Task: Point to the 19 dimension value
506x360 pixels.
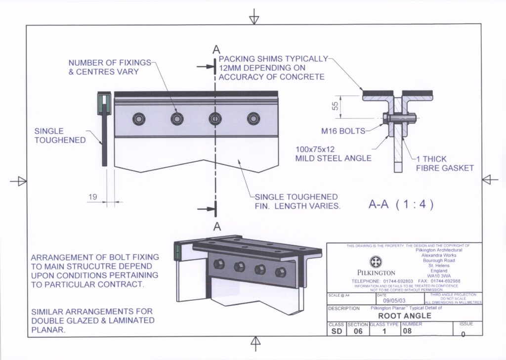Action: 93,197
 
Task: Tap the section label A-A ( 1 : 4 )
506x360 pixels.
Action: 401,205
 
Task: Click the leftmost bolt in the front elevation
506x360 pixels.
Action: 139,118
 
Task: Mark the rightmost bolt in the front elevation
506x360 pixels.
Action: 253,118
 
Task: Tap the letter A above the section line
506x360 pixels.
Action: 215,49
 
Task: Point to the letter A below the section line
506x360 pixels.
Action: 215,226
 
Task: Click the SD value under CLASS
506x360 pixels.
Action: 336,332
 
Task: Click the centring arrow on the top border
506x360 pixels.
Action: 254,18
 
